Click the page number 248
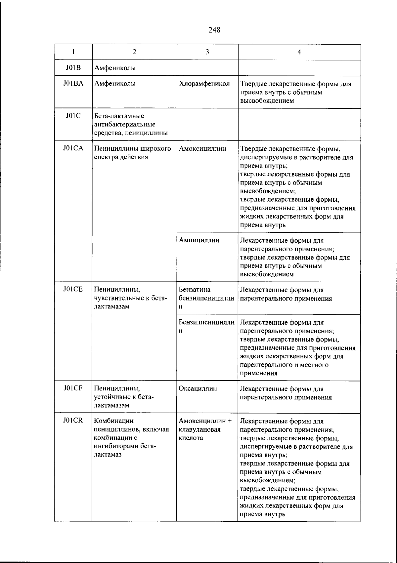[x=214, y=30]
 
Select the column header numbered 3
[x=207, y=52]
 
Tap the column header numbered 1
[x=73, y=52]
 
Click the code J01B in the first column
[x=73, y=68]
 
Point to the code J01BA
[x=73, y=84]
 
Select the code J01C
[x=73, y=116]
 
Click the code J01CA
[x=73, y=148]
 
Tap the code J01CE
[x=73, y=290]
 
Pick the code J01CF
[x=73, y=388]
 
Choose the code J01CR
[x=73, y=421]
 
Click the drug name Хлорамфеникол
[x=204, y=84]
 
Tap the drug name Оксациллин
[x=198, y=388]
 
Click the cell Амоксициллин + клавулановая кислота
[x=205, y=429]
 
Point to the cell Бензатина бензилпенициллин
[x=206, y=298]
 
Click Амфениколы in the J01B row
[x=115, y=68]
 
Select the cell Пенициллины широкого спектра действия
[x=132, y=153]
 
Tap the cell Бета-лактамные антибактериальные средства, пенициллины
[x=130, y=125]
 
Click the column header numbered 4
[x=299, y=52]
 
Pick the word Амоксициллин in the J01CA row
[x=202, y=148]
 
